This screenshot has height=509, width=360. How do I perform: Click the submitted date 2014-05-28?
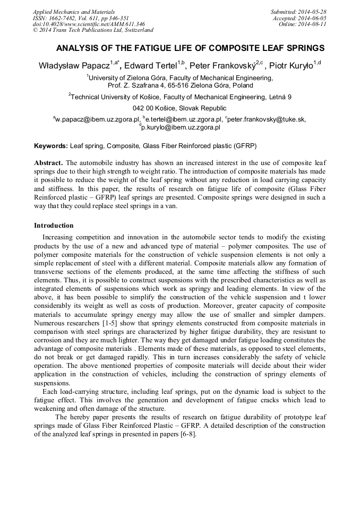(x=313, y=11)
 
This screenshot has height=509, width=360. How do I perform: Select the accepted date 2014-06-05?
(x=313, y=18)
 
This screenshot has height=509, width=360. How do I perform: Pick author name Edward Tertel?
(x=151, y=66)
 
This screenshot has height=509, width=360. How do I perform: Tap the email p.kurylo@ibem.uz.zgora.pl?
(x=181, y=127)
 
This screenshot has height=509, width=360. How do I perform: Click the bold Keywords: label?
(x=51, y=145)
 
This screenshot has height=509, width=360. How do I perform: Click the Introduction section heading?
(x=54, y=226)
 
